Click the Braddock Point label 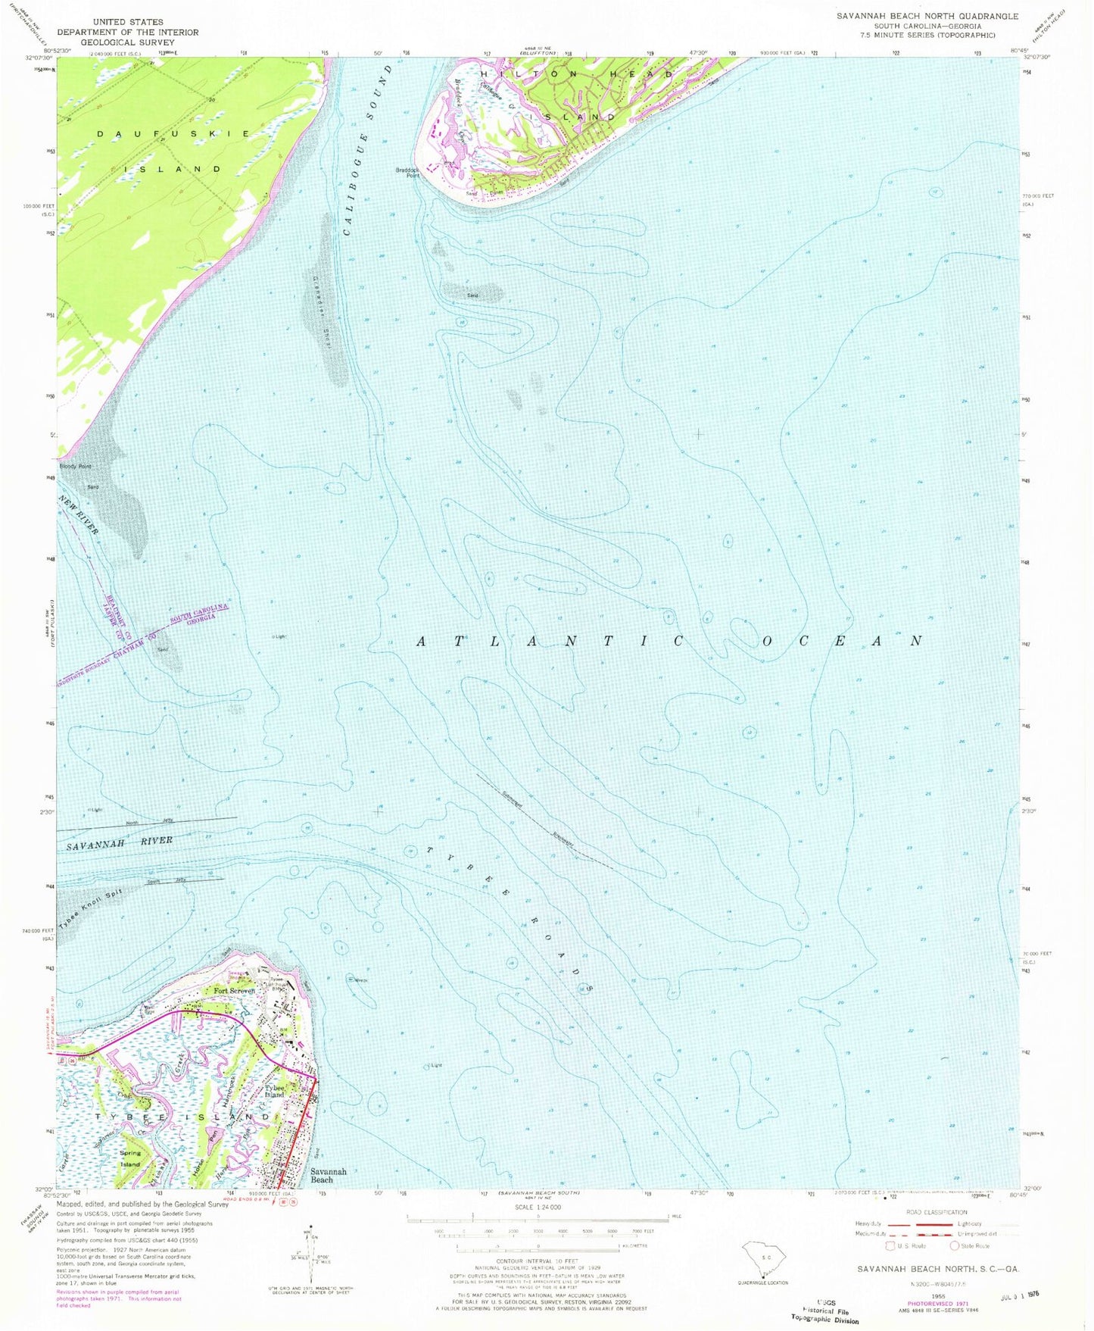(408, 173)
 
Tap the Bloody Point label (75, 467)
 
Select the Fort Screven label (234, 991)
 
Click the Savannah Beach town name (329, 1175)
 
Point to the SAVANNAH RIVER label (119, 842)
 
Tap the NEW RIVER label (79, 515)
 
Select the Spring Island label (130, 1158)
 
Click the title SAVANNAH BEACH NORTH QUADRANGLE (927, 16)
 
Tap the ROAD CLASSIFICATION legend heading (936, 1212)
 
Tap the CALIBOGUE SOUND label (369, 150)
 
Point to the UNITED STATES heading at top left (127, 22)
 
